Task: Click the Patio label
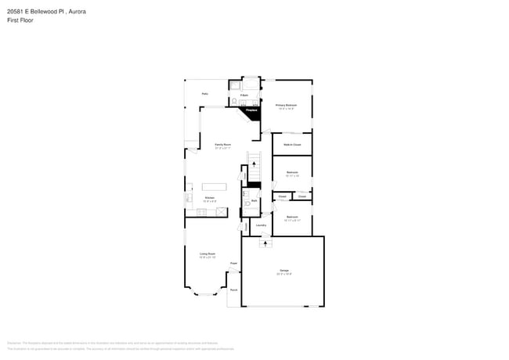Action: click(204, 93)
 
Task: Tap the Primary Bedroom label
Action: click(285, 106)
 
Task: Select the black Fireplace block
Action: click(254, 112)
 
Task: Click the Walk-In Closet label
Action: click(292, 144)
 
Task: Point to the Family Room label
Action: click(222, 145)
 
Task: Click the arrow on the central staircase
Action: click(253, 164)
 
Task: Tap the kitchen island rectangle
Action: click(213, 186)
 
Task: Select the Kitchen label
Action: click(210, 198)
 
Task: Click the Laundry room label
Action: click(261, 225)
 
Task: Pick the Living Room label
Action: click(207, 254)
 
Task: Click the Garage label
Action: click(283, 271)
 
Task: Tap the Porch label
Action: click(233, 290)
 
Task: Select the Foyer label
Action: click(233, 264)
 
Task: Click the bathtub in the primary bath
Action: click(250, 85)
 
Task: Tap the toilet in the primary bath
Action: click(234, 102)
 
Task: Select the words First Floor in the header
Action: click(20, 20)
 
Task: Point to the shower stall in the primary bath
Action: click(234, 85)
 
